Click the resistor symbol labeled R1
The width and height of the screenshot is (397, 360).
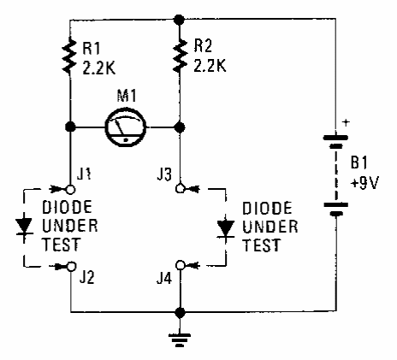(69, 56)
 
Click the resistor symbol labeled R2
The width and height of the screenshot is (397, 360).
(180, 55)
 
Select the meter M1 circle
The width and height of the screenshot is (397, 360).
(126, 127)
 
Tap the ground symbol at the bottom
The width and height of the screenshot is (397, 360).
(180, 339)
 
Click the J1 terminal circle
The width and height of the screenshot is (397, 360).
(70, 189)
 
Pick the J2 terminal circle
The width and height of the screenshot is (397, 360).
(71, 266)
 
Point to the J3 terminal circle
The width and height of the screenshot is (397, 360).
(180, 188)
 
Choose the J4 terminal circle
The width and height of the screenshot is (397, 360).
(180, 265)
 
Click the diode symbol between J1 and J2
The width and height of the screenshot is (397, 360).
(24, 227)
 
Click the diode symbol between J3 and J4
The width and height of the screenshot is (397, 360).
(226, 229)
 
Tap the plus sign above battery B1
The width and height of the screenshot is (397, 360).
(346, 123)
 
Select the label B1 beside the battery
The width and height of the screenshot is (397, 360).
(358, 162)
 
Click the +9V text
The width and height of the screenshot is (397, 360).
(364, 183)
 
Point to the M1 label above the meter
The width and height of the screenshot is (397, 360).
(127, 96)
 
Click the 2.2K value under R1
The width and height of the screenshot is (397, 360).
(99, 68)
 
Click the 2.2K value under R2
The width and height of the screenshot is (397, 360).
(210, 66)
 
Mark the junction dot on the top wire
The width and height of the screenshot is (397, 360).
(180, 20)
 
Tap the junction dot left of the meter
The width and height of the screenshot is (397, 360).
(70, 127)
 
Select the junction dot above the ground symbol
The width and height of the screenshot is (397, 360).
(180, 313)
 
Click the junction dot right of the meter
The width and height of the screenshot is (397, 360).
(180, 127)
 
